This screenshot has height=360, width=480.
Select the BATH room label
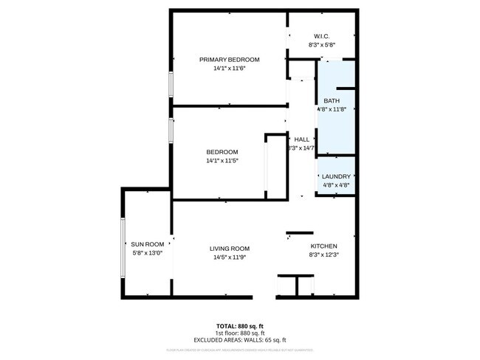click(x=332, y=100)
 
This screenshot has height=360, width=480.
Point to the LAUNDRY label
click(x=336, y=176)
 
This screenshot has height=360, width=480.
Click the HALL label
click(x=302, y=139)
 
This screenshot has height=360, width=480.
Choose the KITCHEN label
click(x=323, y=246)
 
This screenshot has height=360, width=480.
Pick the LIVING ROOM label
click(x=230, y=249)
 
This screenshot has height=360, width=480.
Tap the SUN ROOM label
click(x=148, y=244)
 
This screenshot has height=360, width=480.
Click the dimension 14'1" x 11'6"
click(x=229, y=68)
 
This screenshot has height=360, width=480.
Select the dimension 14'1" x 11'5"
click(x=222, y=160)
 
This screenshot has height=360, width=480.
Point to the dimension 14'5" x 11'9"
click(x=230, y=257)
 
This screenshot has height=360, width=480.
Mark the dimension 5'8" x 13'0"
click(x=147, y=253)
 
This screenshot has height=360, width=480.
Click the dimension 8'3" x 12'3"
click(x=323, y=255)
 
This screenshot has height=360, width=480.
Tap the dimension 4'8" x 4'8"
click(x=336, y=185)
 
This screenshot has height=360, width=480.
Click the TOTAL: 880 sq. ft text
click(x=240, y=325)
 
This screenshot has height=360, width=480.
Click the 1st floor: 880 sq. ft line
click(x=240, y=332)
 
